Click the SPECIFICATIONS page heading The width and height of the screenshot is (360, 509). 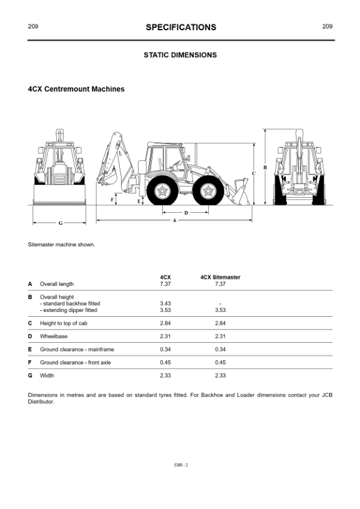(181, 27)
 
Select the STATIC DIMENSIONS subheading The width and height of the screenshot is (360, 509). (180, 55)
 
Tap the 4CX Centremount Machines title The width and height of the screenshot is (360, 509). (76, 89)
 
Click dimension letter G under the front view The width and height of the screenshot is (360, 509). (61, 223)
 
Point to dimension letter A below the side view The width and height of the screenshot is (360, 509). (174, 221)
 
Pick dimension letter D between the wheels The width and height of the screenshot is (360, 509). (186, 213)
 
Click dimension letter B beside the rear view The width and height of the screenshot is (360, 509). (265, 167)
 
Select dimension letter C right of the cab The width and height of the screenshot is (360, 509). (254, 173)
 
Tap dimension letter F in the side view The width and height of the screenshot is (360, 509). (113, 199)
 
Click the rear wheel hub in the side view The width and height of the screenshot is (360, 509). (162, 191)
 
